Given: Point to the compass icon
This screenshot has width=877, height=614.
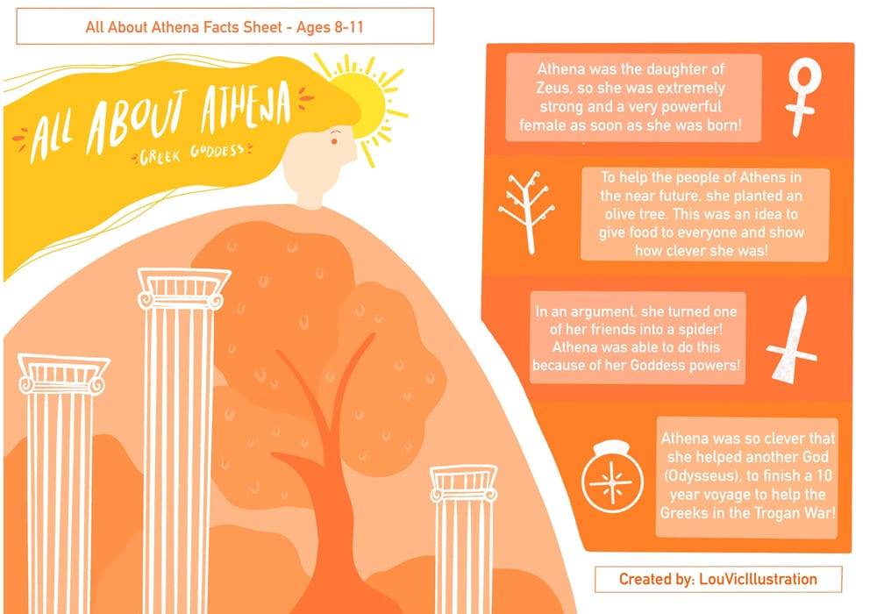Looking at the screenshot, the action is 612,477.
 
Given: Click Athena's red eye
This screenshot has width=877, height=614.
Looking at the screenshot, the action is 334,141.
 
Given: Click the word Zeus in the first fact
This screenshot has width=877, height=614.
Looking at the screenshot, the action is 553,88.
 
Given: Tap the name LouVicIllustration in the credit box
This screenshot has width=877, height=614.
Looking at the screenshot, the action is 758,579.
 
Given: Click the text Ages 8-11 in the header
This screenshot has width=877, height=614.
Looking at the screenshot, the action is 330,27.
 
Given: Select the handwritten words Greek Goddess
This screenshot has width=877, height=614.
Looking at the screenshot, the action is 192,154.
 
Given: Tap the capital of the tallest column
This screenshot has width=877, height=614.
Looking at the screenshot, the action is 184,289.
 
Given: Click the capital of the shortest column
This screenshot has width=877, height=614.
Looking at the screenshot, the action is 464,483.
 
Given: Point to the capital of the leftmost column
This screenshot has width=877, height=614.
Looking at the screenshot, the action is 62,375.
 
